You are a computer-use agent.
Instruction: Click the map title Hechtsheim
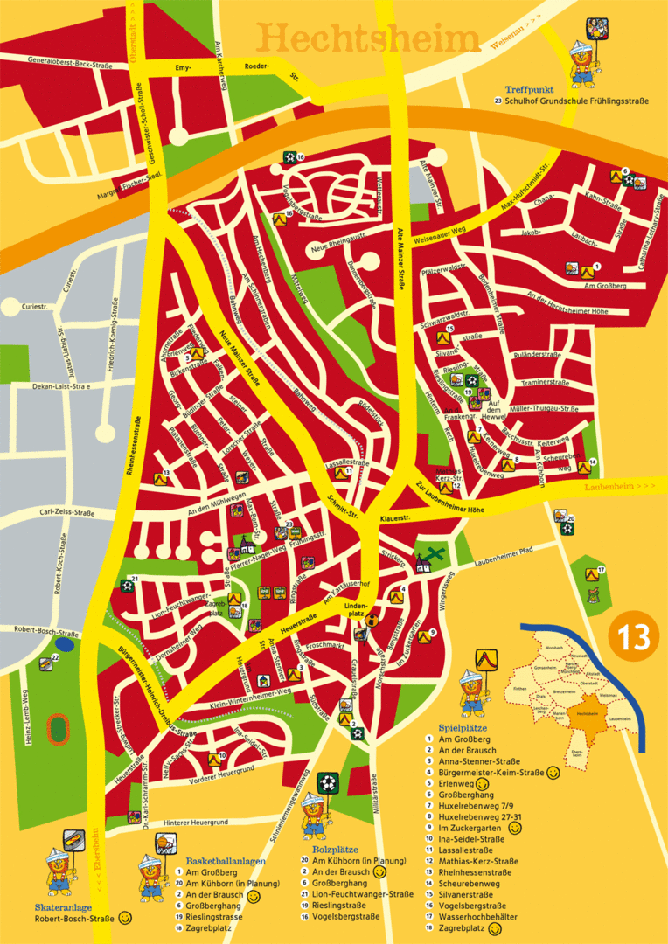point(369,38)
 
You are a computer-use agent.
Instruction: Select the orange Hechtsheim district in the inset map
point(585,717)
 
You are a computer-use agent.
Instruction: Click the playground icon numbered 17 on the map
point(591,573)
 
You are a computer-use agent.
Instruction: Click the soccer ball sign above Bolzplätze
point(328,780)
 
